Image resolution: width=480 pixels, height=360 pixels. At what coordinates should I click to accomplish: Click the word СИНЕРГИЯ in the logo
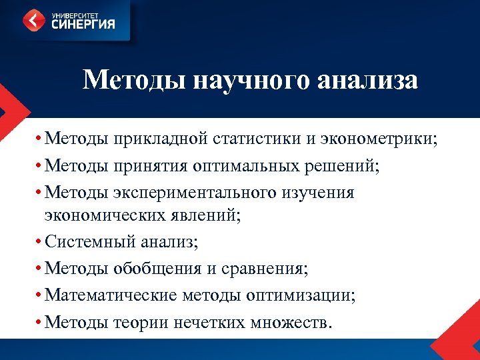[81, 25]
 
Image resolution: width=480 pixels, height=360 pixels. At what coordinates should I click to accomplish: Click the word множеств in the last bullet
[289, 322]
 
